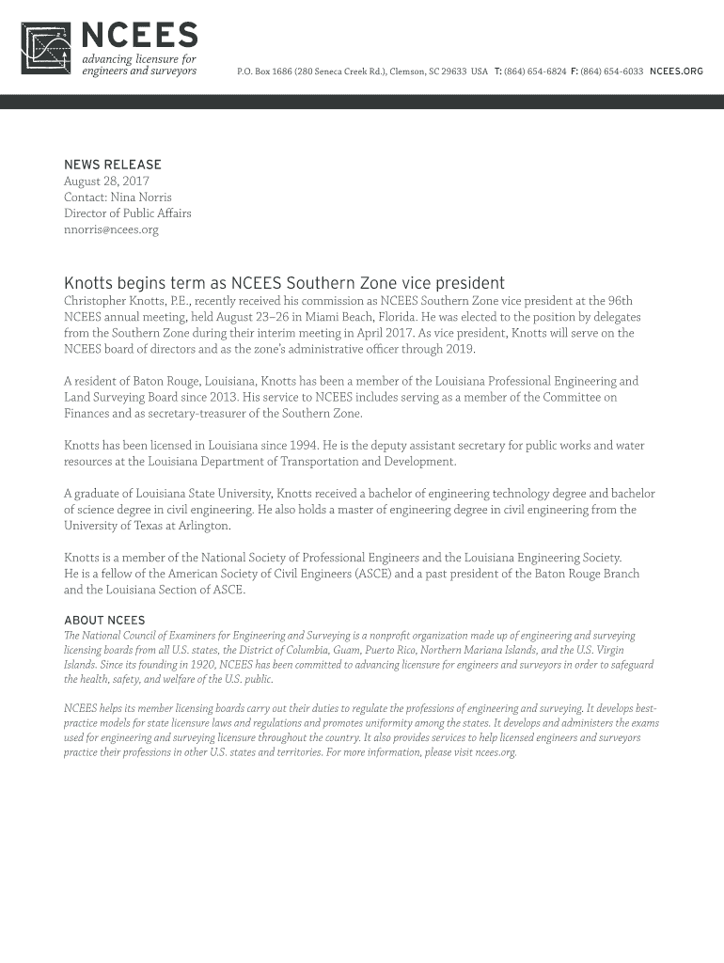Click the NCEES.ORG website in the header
[x=676, y=71]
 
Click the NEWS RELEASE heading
[x=113, y=165]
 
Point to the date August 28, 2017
[x=106, y=181]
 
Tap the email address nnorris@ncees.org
[x=111, y=229]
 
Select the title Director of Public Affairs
[x=127, y=213]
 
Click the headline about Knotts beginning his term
[x=284, y=283]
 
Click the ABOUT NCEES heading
[x=104, y=621]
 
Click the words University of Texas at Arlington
[x=147, y=526]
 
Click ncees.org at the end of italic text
[x=496, y=753]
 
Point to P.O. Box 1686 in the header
[x=266, y=71]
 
